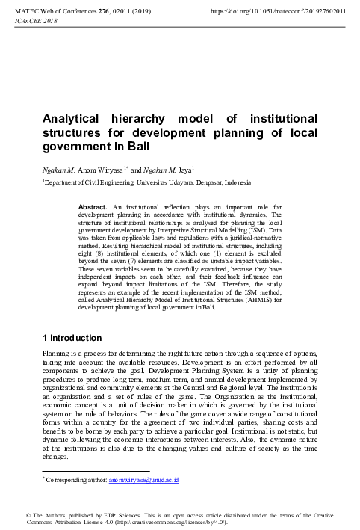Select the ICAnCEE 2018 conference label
click(35, 20)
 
